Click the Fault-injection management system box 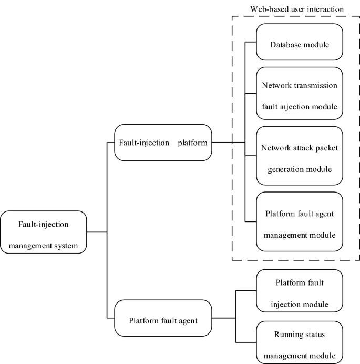tap(43, 232)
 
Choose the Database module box tap(300, 44)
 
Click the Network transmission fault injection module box tap(300, 96)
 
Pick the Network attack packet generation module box tap(300, 156)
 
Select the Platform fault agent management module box tap(300, 222)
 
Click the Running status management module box tap(300, 341)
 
